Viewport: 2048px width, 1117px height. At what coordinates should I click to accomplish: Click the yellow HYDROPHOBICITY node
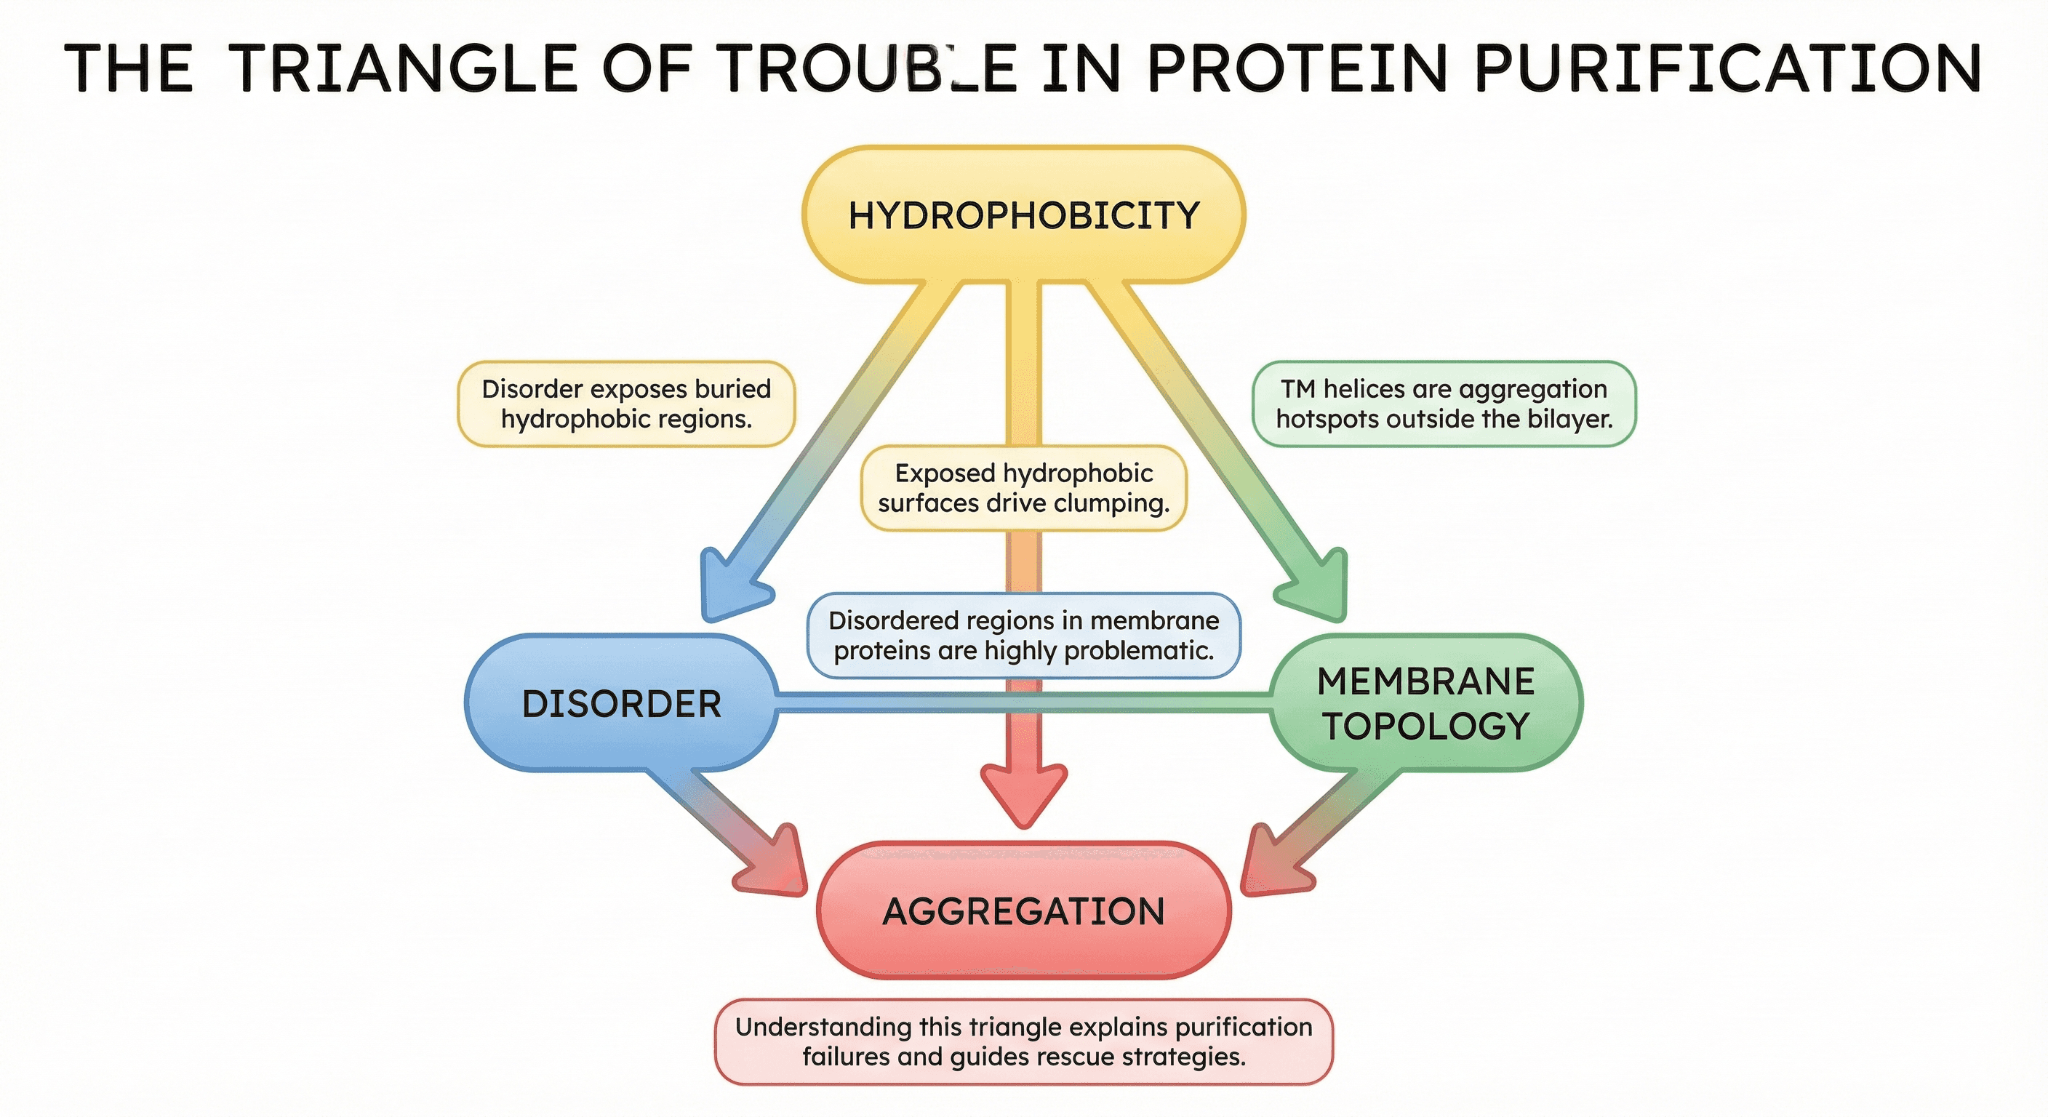click(1023, 215)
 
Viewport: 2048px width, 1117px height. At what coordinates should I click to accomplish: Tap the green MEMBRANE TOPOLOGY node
click(1425, 702)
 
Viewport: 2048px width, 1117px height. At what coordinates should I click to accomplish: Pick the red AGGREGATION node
click(1023, 911)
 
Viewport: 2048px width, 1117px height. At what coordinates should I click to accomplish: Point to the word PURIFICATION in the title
click(1727, 68)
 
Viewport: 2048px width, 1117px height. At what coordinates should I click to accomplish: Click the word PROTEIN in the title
click(1296, 68)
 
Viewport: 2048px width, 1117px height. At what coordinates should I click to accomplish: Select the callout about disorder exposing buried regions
click(625, 404)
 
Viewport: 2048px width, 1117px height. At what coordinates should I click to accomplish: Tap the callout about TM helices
click(1444, 404)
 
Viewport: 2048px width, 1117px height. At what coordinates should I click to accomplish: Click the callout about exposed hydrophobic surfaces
click(1023, 488)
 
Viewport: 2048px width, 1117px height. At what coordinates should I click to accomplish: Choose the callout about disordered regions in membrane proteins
click(1023, 635)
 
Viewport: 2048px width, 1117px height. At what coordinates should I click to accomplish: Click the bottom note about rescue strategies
click(1023, 1041)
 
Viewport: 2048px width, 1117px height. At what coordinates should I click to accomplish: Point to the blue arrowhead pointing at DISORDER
click(730, 588)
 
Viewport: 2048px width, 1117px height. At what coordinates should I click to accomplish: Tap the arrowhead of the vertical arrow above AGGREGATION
click(1023, 795)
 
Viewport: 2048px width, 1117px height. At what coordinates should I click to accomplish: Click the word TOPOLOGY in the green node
click(1425, 726)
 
